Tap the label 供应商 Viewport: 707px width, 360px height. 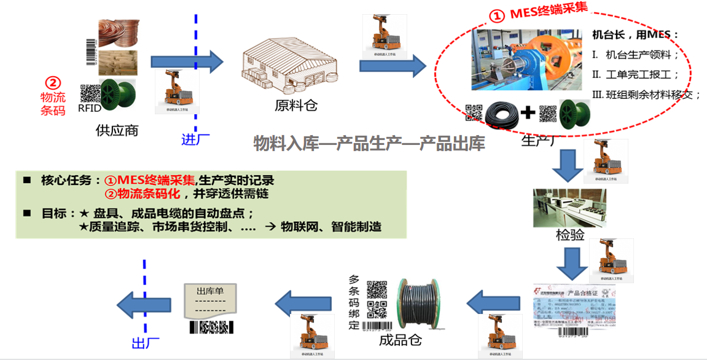(x=117, y=130)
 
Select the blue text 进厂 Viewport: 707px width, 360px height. (x=196, y=139)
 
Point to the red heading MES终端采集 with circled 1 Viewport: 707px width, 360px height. (x=538, y=13)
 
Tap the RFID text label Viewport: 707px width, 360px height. (x=90, y=108)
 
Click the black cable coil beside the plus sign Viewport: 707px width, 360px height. (x=501, y=114)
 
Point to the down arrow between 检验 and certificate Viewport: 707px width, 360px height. (x=569, y=264)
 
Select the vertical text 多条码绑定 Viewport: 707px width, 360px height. (x=354, y=302)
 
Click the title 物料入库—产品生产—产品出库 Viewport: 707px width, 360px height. (x=369, y=143)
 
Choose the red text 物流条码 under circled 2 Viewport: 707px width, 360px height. (x=53, y=104)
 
